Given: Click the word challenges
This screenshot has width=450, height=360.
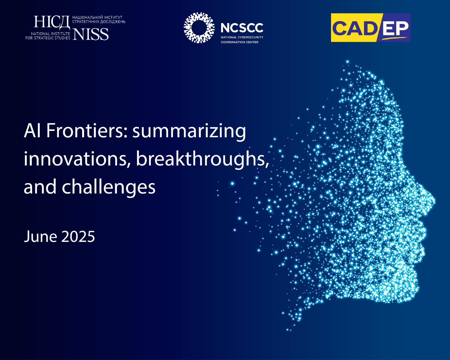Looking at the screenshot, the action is tap(109, 186).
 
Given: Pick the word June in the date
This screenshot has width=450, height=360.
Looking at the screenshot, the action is tap(40, 237).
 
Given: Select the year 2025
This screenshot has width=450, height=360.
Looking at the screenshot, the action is tap(78, 237).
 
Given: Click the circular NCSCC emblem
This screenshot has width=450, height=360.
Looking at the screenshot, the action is tap(199, 28).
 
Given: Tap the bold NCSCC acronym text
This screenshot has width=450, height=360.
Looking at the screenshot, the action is tap(242, 28).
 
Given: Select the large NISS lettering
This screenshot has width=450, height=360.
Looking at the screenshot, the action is tap(91, 34).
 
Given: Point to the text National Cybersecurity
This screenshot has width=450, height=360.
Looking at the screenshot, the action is tap(242, 37).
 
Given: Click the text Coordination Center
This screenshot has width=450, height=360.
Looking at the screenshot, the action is tap(240, 42).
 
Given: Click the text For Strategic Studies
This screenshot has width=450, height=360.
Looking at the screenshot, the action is tap(48, 38).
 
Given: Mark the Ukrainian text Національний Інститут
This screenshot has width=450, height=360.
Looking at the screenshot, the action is tap(97, 17).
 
